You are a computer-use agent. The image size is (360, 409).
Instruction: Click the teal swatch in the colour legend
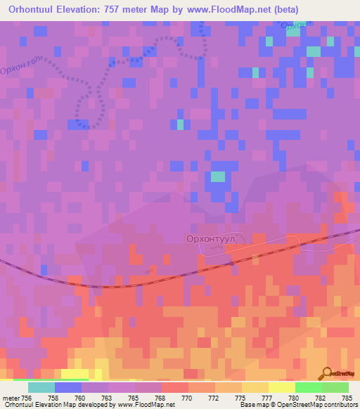pyautogui.click(x=41, y=387)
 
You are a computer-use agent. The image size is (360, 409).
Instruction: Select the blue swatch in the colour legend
pyautogui.click(x=67, y=387)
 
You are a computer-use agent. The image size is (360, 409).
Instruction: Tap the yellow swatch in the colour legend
pyautogui.click(x=281, y=387)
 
